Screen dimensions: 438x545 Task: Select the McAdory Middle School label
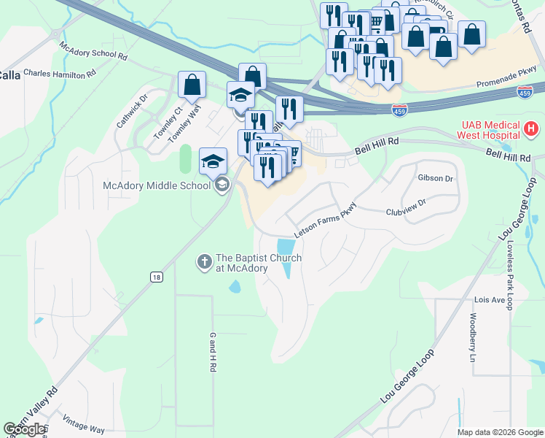(x=157, y=185)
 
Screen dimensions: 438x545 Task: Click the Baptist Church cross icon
(x=205, y=261)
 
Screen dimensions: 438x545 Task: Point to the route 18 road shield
(x=156, y=277)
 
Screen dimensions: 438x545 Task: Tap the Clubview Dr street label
(x=405, y=212)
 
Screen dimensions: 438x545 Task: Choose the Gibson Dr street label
(x=435, y=178)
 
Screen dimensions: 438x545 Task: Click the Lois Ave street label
(x=489, y=300)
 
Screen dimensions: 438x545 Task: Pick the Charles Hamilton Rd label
(x=60, y=74)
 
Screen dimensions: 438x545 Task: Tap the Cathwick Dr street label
(x=132, y=110)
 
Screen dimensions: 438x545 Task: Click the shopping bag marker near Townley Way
(x=192, y=85)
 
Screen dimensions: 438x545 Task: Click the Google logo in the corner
(x=24, y=430)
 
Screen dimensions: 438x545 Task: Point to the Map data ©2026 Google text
(x=499, y=432)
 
